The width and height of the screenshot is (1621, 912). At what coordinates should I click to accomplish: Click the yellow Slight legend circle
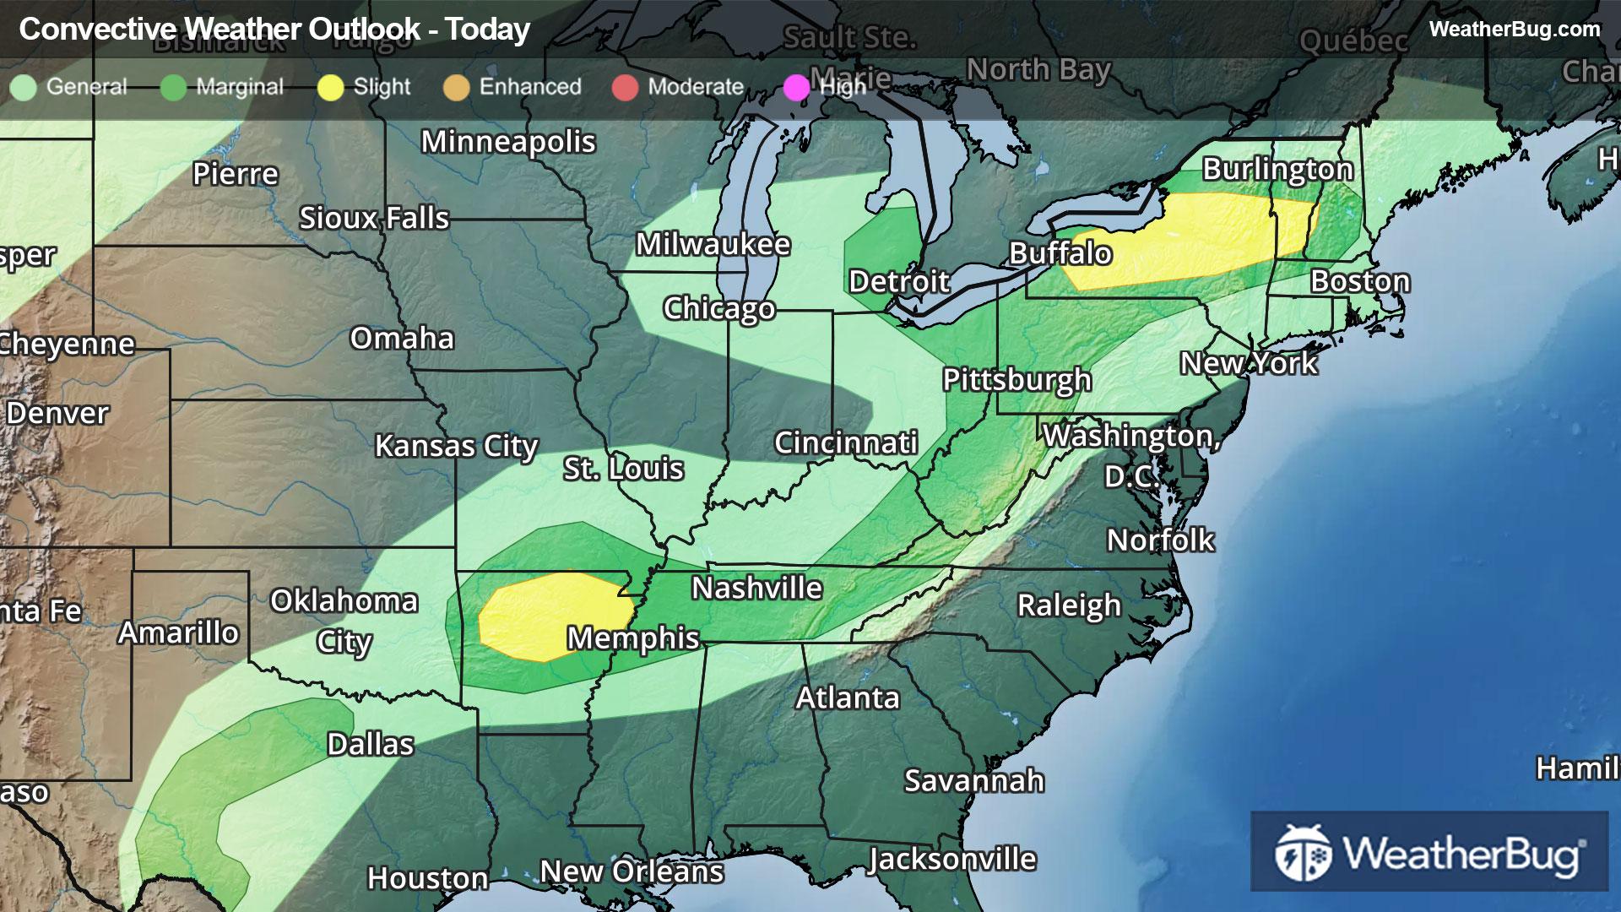click(330, 88)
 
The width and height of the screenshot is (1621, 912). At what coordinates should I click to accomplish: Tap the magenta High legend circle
click(796, 88)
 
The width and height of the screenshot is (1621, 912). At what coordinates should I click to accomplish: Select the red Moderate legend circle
click(625, 88)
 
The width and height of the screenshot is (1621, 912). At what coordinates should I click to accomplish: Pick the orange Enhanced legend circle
click(456, 88)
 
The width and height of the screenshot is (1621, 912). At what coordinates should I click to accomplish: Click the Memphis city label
click(632, 638)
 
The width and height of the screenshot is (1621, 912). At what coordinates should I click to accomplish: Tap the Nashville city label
click(756, 588)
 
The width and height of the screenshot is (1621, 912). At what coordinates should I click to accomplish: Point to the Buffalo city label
click(1060, 252)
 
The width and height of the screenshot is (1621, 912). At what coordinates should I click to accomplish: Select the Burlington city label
click(1277, 169)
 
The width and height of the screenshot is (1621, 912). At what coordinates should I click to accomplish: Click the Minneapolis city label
click(508, 142)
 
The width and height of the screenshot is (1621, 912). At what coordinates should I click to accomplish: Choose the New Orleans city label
click(632, 871)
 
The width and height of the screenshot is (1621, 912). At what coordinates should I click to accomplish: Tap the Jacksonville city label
click(952, 859)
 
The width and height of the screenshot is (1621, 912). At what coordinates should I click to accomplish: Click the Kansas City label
click(456, 445)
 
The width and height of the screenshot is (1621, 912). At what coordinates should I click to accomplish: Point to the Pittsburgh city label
click(1017, 379)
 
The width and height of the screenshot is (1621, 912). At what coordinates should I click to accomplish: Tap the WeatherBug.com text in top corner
click(1514, 29)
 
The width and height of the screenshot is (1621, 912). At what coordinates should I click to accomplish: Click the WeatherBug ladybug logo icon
click(1303, 852)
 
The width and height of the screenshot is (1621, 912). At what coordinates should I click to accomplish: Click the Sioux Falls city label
click(374, 218)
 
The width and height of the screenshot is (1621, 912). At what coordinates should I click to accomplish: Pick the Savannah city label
click(974, 780)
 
